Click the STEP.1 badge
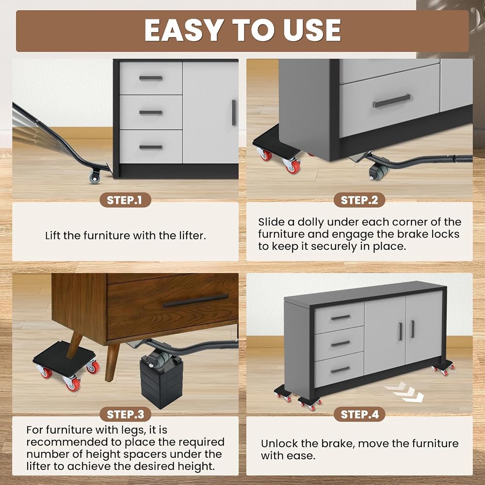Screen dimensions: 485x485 click(125, 200)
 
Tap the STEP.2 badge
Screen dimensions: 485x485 click(359, 200)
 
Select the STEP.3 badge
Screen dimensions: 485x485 click(125, 414)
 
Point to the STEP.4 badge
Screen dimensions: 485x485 click(359, 414)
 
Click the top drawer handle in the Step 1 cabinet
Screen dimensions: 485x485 click(151, 78)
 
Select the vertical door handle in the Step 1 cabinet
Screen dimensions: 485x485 click(234, 113)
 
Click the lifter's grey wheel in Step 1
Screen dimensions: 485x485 click(95, 177)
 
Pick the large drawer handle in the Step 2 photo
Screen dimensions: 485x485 click(391, 101)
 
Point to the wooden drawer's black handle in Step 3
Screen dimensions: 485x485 click(195, 301)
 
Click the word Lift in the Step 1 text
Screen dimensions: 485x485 click(53, 236)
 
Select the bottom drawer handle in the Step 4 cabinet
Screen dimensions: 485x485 click(340, 370)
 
